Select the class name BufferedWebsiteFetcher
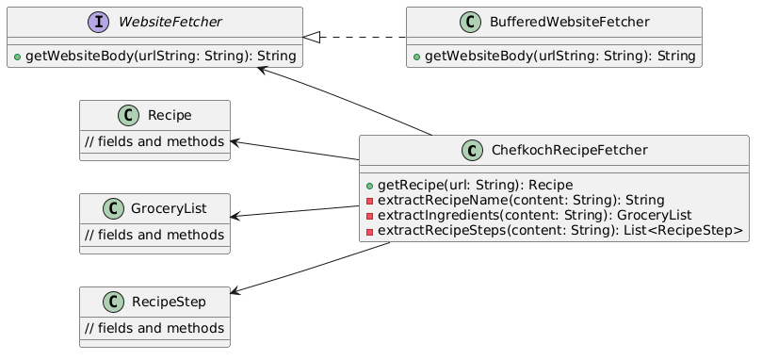(570, 22)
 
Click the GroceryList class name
(169, 208)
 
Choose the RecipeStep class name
(169, 302)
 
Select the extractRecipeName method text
(521, 200)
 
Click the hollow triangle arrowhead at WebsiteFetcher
(312, 37)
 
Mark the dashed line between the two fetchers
(363, 37)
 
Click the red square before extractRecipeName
(370, 201)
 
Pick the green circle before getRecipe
(370, 186)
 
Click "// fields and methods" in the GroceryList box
(154, 235)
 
